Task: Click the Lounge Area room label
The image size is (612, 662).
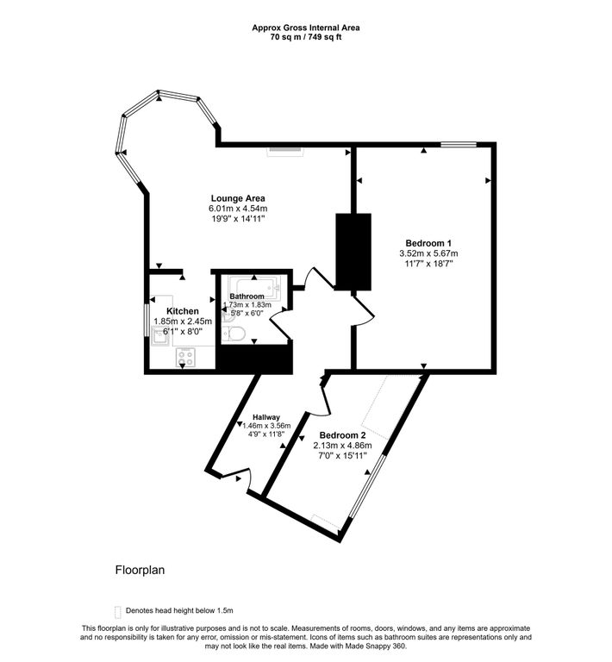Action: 238,197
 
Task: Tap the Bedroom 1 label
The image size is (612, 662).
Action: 428,242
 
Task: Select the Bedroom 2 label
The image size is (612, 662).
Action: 343,434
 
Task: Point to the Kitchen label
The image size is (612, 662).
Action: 183,311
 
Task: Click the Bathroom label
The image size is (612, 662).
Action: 247,296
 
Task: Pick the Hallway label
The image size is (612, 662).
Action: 266,416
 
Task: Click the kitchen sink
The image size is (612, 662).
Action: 160,338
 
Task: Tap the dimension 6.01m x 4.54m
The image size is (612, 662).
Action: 238,209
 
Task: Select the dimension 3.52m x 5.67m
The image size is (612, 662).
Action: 428,253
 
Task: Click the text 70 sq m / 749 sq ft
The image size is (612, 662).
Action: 306,38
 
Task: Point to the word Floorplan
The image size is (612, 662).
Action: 140,571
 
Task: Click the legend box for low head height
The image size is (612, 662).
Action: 118,610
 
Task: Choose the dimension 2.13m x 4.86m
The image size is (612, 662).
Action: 343,445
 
